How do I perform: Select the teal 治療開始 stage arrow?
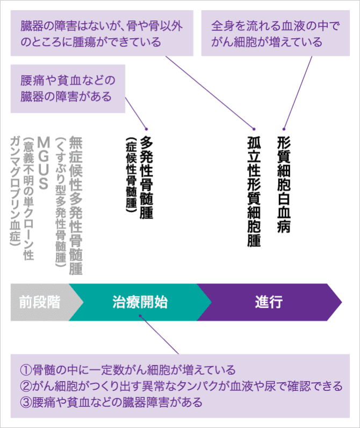coord(140,301)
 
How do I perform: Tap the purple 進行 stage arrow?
coord(269,301)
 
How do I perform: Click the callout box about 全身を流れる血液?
coord(275,33)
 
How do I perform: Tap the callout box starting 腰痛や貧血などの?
coord(68,89)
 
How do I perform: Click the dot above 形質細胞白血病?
coord(284,127)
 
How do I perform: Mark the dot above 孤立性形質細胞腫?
coord(254,127)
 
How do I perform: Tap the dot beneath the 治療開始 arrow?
coord(141,317)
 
